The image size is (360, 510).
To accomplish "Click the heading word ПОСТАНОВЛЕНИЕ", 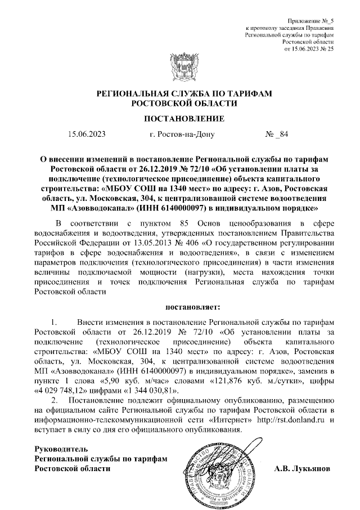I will (x=179, y=119).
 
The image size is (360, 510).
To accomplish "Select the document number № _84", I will (x=276, y=135).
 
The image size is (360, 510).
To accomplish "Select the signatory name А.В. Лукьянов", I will (x=303, y=468).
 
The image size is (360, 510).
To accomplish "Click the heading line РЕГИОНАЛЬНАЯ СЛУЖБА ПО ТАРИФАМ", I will (x=179, y=94).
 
